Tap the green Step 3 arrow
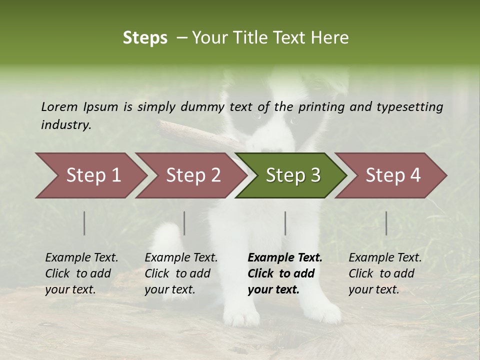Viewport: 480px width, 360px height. click(x=293, y=175)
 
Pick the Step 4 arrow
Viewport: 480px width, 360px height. click(x=393, y=175)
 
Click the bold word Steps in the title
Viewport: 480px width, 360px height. click(x=145, y=38)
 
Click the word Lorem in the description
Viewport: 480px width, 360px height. click(x=59, y=107)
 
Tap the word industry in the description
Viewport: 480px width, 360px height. click(x=65, y=125)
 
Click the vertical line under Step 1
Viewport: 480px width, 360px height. click(x=84, y=223)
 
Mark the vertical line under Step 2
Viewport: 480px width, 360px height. click(x=184, y=223)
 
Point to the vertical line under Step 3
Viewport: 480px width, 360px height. click(x=285, y=223)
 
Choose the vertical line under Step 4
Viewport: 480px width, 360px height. click(x=386, y=223)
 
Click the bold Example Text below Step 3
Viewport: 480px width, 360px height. click(x=285, y=258)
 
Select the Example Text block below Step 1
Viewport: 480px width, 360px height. click(x=81, y=273)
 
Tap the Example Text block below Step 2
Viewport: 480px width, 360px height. click(x=180, y=273)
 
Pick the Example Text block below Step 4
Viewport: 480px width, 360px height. click(x=384, y=273)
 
